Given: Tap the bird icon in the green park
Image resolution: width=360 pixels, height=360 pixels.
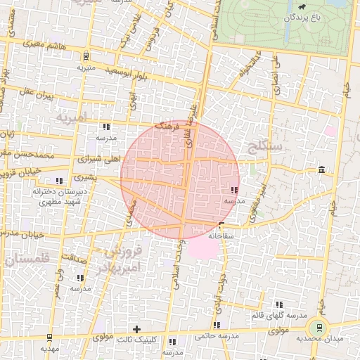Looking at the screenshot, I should (x=302, y=7).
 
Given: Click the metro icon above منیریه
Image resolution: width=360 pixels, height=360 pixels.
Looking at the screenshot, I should (x=86, y=56).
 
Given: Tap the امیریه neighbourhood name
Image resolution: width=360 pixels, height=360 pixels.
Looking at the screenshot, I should (x=70, y=115).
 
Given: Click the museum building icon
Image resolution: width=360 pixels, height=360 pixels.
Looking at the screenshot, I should (x=321, y=169).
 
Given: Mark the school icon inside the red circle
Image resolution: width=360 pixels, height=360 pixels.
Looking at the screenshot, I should (x=233, y=190).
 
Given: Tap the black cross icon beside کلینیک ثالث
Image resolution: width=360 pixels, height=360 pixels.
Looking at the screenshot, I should (x=136, y=329).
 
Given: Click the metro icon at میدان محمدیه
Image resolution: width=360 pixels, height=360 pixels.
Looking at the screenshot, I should (x=321, y=327).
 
